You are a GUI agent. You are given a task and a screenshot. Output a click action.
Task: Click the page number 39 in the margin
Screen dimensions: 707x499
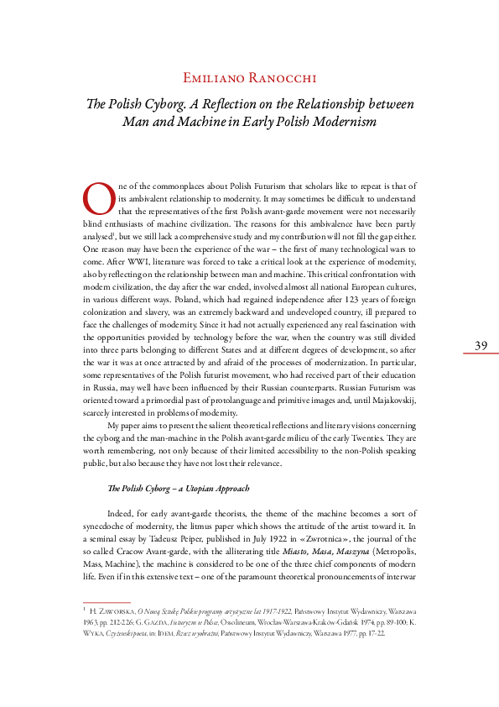tap(481, 345)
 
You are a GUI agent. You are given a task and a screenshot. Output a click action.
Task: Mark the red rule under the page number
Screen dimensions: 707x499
tap(481, 354)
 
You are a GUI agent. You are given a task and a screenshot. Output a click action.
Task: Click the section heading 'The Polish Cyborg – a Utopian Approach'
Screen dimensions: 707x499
tap(178, 488)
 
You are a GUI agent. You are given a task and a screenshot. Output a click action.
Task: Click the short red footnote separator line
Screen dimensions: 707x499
tap(107, 602)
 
